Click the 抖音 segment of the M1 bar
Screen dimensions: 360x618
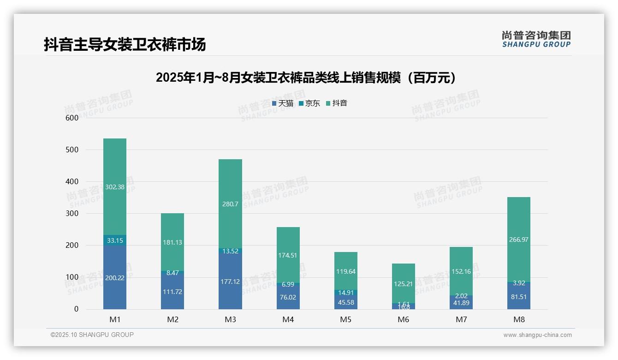tap(115, 186)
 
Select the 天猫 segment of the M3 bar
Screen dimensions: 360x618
tap(230, 281)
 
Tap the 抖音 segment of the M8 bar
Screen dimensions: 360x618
tap(519, 239)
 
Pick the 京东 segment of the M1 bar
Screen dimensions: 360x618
tap(115, 240)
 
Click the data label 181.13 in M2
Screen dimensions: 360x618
tap(172, 242)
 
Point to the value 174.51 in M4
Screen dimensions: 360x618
tap(288, 255)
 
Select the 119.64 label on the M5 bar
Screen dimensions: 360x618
tap(345, 271)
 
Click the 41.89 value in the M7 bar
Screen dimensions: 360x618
tap(461, 303)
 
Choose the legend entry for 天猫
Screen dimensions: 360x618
tap(283, 103)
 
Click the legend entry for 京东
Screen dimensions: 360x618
tap(309, 103)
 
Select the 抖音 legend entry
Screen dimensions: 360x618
tap(337, 103)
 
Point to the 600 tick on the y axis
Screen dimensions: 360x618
tap(72, 118)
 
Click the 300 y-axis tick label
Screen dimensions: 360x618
tap(72, 214)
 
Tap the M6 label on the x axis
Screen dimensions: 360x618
tap(403, 319)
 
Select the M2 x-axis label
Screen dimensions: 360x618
tap(172, 319)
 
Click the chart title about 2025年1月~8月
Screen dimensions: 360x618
tap(306, 78)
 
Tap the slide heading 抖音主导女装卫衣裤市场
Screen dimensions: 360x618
tap(125, 45)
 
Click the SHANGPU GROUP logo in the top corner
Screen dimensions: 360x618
tap(536, 39)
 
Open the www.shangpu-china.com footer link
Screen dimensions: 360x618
tap(537, 335)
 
